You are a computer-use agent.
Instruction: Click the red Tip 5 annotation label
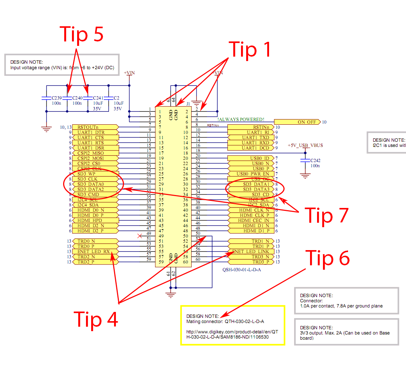[x=82, y=34]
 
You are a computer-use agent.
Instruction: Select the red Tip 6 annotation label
[x=327, y=258]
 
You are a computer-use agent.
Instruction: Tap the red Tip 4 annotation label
[x=96, y=319]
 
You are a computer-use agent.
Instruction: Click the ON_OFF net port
[x=298, y=122]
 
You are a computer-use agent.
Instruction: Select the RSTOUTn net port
[x=96, y=127]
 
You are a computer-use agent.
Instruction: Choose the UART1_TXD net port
[x=251, y=137]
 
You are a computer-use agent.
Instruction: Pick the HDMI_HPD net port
[x=96, y=220]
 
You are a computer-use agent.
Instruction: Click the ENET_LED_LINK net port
[x=251, y=252]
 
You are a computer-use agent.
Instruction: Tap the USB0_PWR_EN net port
[x=251, y=174]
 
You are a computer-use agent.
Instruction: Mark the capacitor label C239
[x=56, y=98]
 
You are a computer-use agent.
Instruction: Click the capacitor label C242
[x=316, y=161]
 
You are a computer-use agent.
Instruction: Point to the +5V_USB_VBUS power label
[x=305, y=145]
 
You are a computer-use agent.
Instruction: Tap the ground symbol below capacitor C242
[x=305, y=176]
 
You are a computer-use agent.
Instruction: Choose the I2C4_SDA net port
[x=96, y=205]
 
